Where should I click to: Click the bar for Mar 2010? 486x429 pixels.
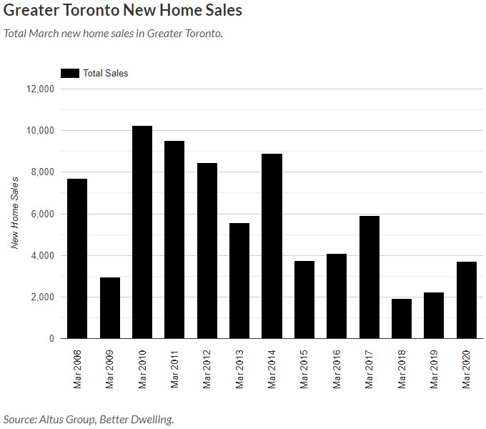[x=142, y=232]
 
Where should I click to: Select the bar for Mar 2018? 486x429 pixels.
[x=402, y=319]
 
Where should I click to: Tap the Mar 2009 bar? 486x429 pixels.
[x=110, y=308]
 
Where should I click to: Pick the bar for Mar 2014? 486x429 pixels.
[x=272, y=246]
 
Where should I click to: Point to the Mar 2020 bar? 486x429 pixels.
[x=467, y=300]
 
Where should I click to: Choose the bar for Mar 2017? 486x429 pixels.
[x=370, y=277]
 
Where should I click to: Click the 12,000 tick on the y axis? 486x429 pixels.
[x=41, y=89]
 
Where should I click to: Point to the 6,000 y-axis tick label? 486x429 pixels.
[x=43, y=214]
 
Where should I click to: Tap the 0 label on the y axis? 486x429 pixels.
[x=51, y=339]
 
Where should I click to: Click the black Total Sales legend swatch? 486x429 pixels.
[x=70, y=73]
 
